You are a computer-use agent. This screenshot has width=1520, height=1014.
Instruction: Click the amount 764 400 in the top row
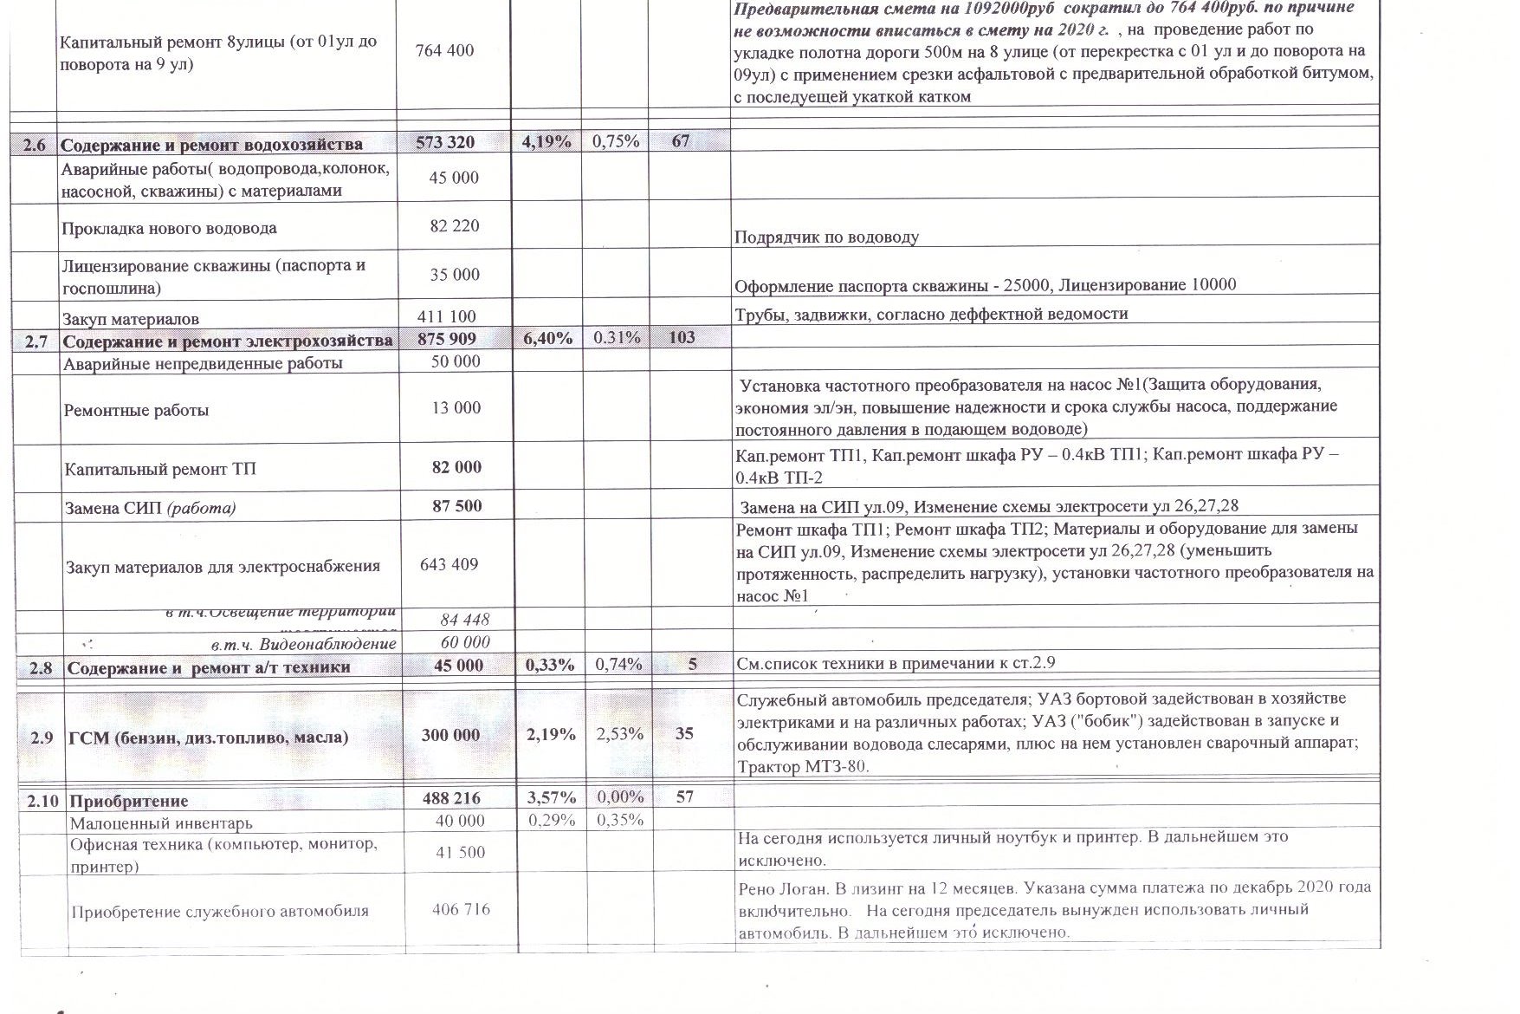point(445,50)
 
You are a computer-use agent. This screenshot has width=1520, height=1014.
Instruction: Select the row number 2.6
point(35,145)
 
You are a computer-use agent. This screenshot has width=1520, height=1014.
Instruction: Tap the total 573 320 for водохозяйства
point(445,143)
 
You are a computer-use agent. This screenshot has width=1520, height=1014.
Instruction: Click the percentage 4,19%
point(547,142)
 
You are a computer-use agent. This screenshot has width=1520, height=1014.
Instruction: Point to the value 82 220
point(455,226)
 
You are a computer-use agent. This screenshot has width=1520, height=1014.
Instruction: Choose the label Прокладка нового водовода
point(169,229)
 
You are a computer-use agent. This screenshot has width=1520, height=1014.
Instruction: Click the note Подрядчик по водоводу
point(826,237)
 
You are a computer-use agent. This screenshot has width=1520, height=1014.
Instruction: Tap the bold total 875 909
point(447,339)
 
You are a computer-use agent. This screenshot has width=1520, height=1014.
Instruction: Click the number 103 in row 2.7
point(682,338)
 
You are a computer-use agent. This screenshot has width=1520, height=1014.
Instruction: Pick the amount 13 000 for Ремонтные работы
point(456,408)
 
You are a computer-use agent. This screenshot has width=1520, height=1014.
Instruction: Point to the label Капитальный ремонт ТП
point(160,470)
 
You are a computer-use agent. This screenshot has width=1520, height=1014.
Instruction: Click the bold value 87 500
point(456,506)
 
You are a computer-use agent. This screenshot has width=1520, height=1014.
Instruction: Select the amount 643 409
point(450,565)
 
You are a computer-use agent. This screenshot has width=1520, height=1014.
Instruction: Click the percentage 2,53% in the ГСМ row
point(619,734)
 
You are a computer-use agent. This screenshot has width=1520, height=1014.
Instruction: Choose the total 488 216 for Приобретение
point(450,798)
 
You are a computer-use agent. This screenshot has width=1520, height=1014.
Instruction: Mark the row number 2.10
point(42,801)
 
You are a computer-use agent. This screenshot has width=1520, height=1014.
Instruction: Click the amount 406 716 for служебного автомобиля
point(461,909)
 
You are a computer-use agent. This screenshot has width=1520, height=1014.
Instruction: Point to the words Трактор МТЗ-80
point(802,766)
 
